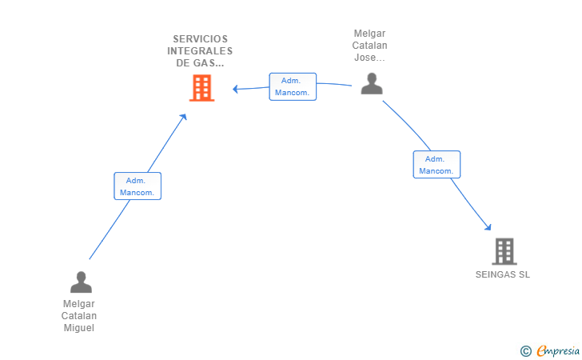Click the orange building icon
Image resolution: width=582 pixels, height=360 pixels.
click(202, 88)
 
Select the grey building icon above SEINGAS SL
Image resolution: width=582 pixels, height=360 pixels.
click(504, 251)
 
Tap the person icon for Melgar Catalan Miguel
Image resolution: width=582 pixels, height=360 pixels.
click(81, 282)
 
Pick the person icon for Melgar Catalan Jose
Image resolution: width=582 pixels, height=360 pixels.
click(372, 83)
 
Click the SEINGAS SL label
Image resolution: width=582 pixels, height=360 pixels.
click(503, 274)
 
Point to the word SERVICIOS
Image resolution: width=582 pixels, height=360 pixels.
click(201, 39)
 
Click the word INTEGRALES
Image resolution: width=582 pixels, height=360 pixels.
click(200, 51)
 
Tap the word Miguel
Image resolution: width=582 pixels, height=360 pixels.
click(78, 328)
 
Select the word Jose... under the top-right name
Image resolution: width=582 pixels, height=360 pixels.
click(369, 58)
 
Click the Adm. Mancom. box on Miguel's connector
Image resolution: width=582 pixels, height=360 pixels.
click(138, 186)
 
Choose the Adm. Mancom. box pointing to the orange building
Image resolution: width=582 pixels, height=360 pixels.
click(293, 86)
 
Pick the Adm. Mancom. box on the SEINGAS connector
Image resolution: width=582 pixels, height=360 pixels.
click(436, 165)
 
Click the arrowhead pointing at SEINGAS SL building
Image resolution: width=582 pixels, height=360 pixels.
click(488, 227)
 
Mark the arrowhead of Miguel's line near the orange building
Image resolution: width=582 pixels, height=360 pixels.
click(183, 117)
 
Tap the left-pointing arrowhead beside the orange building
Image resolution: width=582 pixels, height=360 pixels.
click(235, 89)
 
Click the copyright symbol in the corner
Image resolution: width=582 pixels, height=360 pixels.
click(525, 351)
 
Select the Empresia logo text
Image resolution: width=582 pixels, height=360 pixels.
click(558, 351)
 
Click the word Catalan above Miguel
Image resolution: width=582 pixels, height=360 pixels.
click(78, 316)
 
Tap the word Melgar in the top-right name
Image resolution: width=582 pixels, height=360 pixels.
click(369, 34)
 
